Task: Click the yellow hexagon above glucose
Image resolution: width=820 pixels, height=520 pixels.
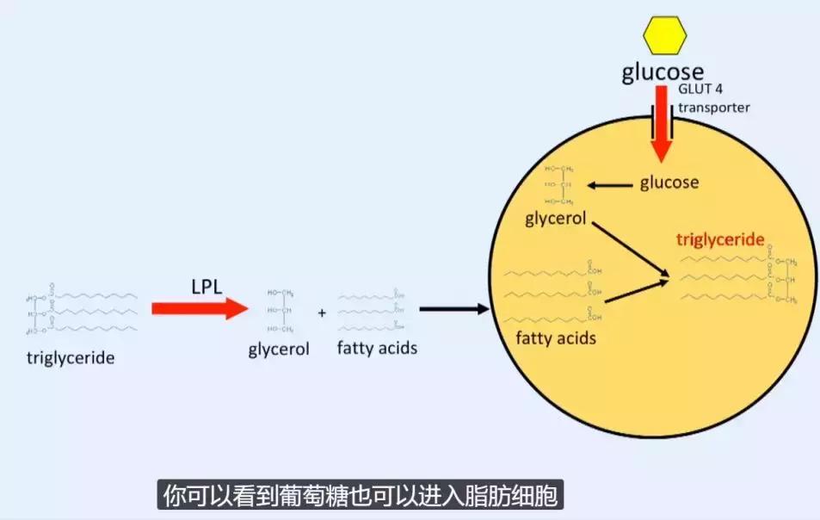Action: (665, 34)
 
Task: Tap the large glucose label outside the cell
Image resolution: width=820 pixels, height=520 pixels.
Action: (663, 72)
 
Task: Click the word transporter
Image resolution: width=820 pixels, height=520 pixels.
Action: (713, 108)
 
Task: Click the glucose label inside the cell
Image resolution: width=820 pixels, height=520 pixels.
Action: (669, 183)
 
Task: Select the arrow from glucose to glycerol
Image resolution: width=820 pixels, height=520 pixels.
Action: (609, 183)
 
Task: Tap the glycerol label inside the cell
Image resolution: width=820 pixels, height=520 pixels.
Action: (555, 218)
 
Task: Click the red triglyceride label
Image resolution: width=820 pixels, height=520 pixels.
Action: (720, 239)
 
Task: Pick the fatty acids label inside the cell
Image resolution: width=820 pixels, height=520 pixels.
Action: (556, 337)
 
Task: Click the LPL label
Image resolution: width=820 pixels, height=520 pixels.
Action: (207, 285)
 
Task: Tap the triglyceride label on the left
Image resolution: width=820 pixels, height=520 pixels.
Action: (71, 357)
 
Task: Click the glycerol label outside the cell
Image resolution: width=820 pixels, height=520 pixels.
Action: (277, 350)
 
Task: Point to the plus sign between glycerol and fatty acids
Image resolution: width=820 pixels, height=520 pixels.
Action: (322, 313)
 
